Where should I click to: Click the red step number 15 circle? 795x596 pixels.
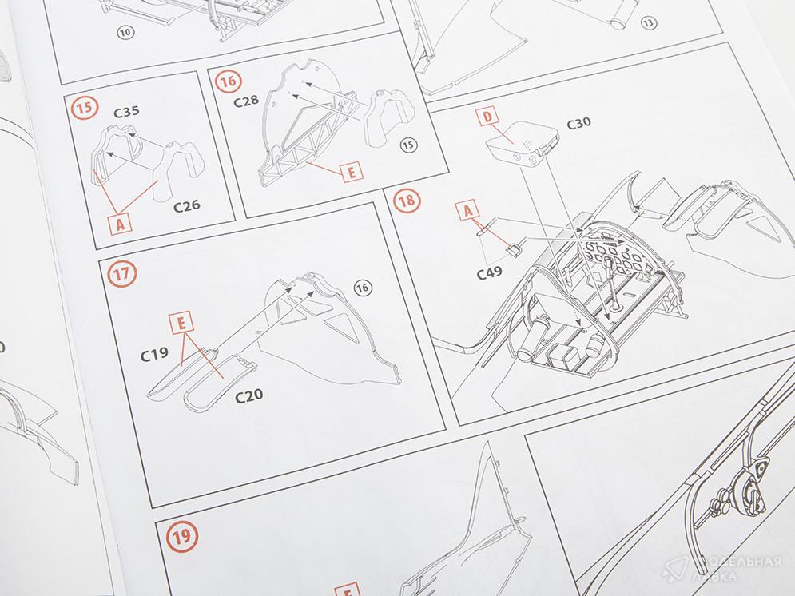pyautogui.click(x=85, y=108)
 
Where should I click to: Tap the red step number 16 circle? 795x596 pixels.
pyautogui.click(x=229, y=81)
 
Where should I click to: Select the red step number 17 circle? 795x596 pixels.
pyautogui.click(x=122, y=274)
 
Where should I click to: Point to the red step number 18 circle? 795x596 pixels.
pyautogui.click(x=407, y=201)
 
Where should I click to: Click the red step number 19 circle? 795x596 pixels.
pyautogui.click(x=181, y=537)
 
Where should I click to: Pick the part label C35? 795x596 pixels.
pyautogui.click(x=127, y=112)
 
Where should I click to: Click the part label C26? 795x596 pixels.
pyautogui.click(x=187, y=206)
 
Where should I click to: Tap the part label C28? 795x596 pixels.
pyautogui.click(x=246, y=101)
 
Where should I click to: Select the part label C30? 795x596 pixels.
pyautogui.click(x=578, y=124)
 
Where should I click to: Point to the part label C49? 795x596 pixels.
pyautogui.click(x=490, y=273)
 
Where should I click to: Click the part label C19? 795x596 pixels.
pyautogui.click(x=155, y=354)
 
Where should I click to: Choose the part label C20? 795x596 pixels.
pyautogui.click(x=249, y=395)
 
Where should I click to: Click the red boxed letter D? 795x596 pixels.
pyautogui.click(x=487, y=117)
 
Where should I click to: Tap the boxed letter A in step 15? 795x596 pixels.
pyautogui.click(x=120, y=223)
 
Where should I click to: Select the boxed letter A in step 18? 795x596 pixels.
pyautogui.click(x=468, y=210)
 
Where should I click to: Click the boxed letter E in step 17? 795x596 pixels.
pyautogui.click(x=181, y=323)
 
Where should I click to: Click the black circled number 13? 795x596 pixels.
pyautogui.click(x=647, y=23)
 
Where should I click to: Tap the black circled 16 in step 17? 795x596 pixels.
pyautogui.click(x=362, y=288)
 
